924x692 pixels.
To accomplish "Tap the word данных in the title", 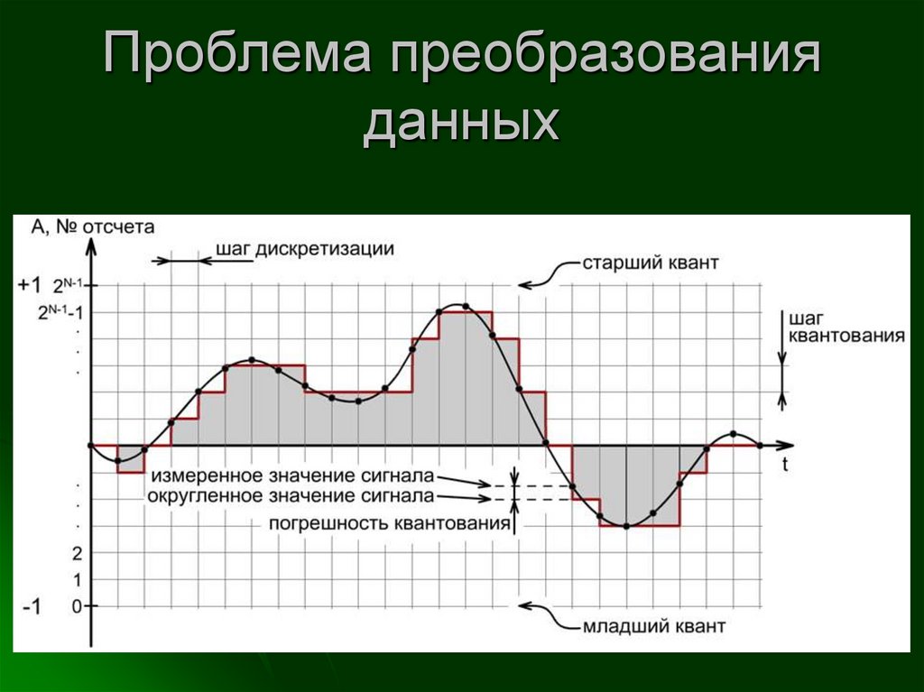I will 461,125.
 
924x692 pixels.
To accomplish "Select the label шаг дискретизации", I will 305,249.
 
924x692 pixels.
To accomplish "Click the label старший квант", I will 650,264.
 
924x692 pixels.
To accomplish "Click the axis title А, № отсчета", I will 93,226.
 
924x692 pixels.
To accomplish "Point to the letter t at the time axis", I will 785,466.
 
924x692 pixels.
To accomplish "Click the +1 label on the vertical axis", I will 29,285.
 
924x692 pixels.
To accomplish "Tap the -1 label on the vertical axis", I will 31,607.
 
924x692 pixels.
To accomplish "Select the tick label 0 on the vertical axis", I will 76,605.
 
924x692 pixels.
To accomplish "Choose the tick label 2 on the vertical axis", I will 76,552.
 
